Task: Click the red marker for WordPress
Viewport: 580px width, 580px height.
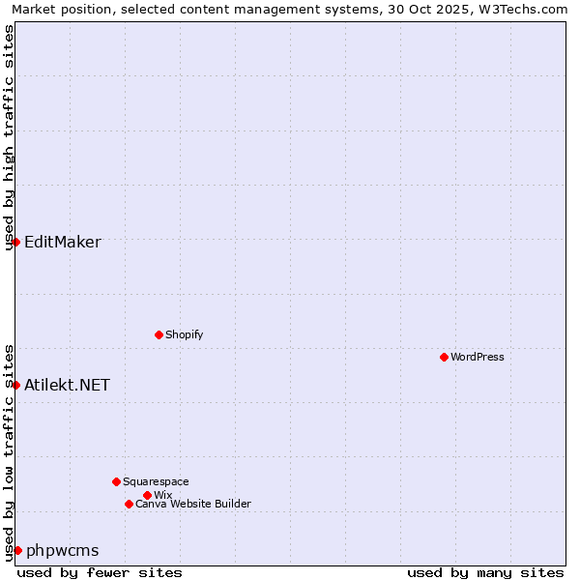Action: (x=444, y=357)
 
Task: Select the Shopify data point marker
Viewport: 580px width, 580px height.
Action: (x=159, y=334)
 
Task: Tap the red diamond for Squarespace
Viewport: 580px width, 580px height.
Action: (x=116, y=481)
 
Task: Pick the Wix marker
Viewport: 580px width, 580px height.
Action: (x=147, y=495)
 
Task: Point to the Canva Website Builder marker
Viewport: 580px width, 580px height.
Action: (x=129, y=504)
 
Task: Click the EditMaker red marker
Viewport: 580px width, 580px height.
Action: (x=16, y=242)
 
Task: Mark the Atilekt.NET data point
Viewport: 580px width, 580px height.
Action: (x=16, y=385)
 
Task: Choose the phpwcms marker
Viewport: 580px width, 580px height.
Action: (x=17, y=550)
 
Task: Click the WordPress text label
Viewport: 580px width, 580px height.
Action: (x=478, y=357)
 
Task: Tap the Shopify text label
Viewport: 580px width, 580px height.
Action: (x=185, y=334)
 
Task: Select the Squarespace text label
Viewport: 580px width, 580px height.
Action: (x=156, y=481)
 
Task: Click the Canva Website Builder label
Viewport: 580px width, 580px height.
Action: (x=193, y=504)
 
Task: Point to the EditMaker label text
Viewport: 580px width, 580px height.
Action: (x=63, y=242)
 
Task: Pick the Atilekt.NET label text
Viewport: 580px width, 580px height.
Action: (x=68, y=385)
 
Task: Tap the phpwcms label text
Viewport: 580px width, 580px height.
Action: (x=63, y=550)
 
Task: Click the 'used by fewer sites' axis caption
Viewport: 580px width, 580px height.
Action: (x=100, y=572)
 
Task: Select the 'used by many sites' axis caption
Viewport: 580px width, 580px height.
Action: (x=485, y=572)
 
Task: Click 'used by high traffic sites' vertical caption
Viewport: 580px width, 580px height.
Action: (x=9, y=137)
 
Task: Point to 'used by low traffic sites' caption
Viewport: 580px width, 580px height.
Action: (x=9, y=451)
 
